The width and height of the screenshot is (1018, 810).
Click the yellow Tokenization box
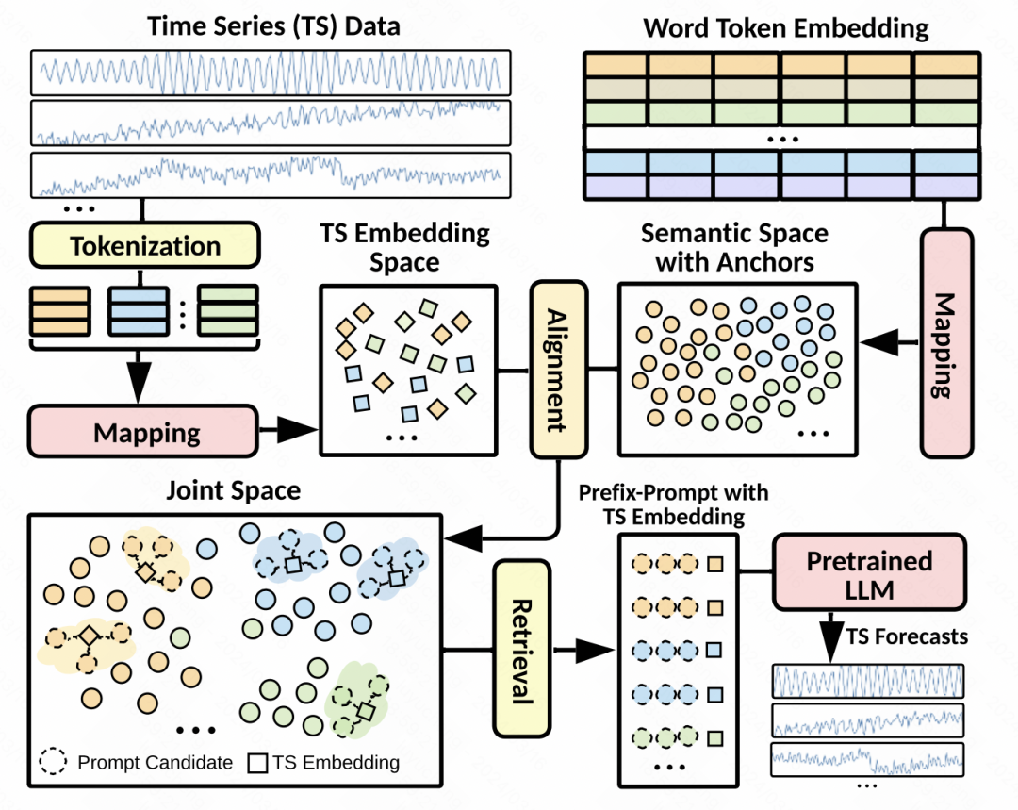(x=144, y=247)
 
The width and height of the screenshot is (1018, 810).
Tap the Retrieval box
(x=521, y=649)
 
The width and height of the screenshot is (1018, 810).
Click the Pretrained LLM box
(x=869, y=575)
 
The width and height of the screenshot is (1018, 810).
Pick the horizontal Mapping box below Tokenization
(x=144, y=432)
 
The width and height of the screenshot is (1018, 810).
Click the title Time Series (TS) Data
(x=273, y=25)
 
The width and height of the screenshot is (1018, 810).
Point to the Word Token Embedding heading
(x=785, y=27)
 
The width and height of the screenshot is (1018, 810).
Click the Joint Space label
(x=233, y=491)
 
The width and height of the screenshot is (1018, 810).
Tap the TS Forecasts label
(x=906, y=636)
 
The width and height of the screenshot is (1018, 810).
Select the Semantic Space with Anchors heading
(x=734, y=247)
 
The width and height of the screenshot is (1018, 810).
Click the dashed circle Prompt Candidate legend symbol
(x=56, y=762)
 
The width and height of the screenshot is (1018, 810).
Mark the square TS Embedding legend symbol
(x=258, y=762)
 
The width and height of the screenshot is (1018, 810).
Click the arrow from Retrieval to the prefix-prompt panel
(x=580, y=650)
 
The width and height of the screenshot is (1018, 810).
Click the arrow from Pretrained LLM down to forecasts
(x=830, y=636)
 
